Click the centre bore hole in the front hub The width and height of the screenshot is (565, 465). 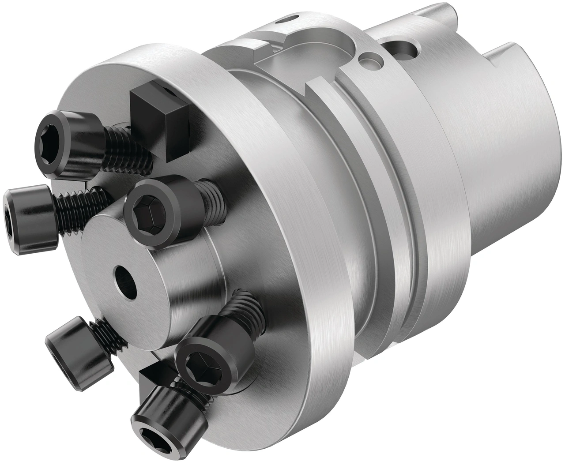(x=125, y=280)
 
